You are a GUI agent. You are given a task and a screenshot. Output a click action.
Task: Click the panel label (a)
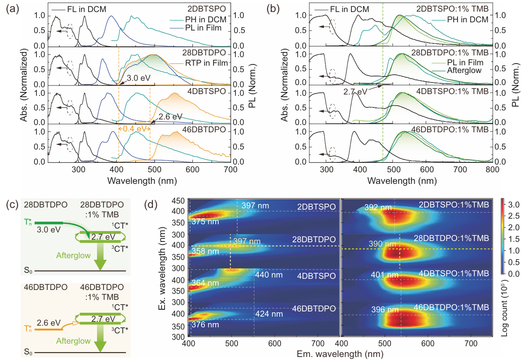coord(12,8)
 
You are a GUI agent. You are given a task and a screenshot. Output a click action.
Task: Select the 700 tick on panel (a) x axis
coord(231,169)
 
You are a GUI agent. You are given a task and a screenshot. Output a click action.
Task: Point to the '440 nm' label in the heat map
coord(267,274)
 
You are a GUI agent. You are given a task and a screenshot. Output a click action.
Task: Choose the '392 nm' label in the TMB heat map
coord(380,207)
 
